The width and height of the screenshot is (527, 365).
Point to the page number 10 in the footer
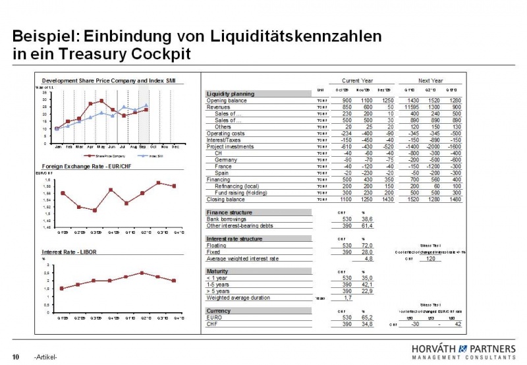[x=16, y=356]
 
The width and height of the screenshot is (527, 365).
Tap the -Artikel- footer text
[x=45, y=357]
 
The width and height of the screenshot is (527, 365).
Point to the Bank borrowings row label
[x=227, y=218]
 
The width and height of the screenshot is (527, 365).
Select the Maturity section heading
[x=218, y=271]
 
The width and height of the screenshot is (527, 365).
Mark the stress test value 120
[x=432, y=259]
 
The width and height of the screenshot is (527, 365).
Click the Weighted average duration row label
[x=238, y=297]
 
